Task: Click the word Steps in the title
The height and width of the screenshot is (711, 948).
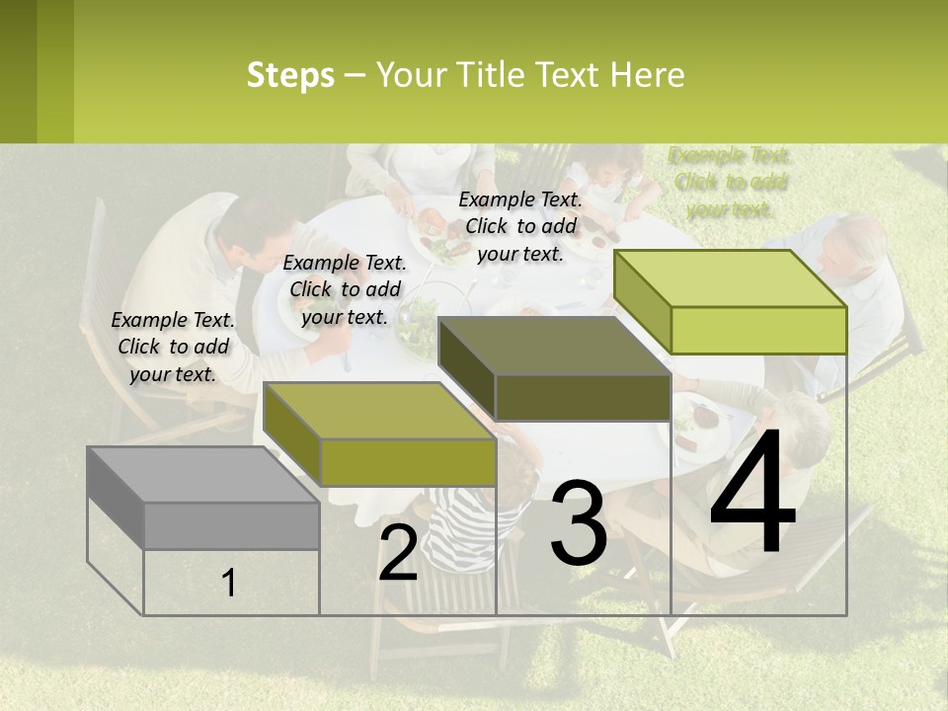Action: click(290, 75)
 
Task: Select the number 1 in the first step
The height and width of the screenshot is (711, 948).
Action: click(229, 584)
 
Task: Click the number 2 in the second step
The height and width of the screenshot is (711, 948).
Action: click(398, 554)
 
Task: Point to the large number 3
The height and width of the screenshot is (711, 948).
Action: click(578, 522)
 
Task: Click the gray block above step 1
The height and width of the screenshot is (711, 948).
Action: click(202, 499)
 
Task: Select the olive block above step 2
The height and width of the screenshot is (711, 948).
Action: click(380, 434)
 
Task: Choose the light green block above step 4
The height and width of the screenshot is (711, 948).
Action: click(731, 301)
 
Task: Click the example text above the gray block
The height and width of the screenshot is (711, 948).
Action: click(173, 347)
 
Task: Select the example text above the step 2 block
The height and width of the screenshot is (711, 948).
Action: click(345, 289)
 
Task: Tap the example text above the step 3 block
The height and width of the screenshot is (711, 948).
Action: click(520, 226)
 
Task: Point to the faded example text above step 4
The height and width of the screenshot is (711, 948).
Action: click(730, 182)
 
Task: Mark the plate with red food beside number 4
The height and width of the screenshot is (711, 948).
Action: click(702, 420)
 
